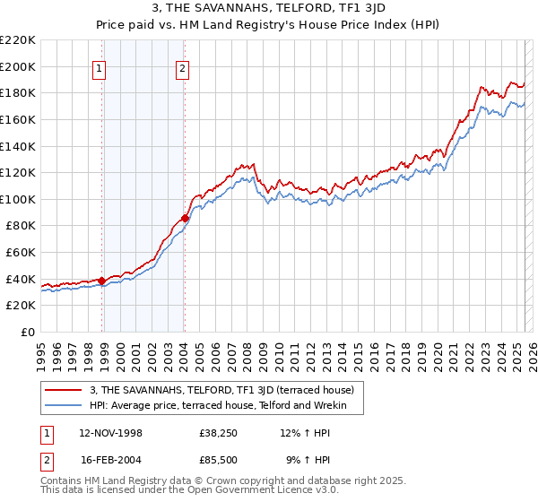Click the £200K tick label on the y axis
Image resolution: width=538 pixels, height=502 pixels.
18,66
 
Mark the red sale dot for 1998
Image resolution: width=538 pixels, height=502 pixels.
102,281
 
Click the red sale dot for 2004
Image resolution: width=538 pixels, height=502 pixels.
185,218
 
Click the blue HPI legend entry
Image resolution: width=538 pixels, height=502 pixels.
225,405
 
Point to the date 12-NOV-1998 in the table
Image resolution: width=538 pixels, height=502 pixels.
111,432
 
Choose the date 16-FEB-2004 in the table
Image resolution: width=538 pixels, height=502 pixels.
111,460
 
